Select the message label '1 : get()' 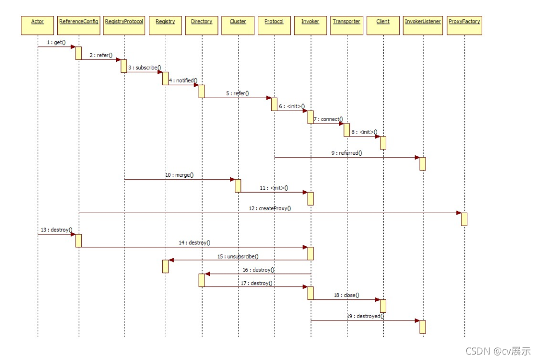coord(56,43)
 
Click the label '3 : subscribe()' coord(144,67)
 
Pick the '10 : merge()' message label coord(179,175)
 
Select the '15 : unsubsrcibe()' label coord(238,256)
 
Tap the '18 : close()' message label coord(346,295)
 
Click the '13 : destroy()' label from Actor coord(56,230)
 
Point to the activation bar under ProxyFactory coord(464,219)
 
